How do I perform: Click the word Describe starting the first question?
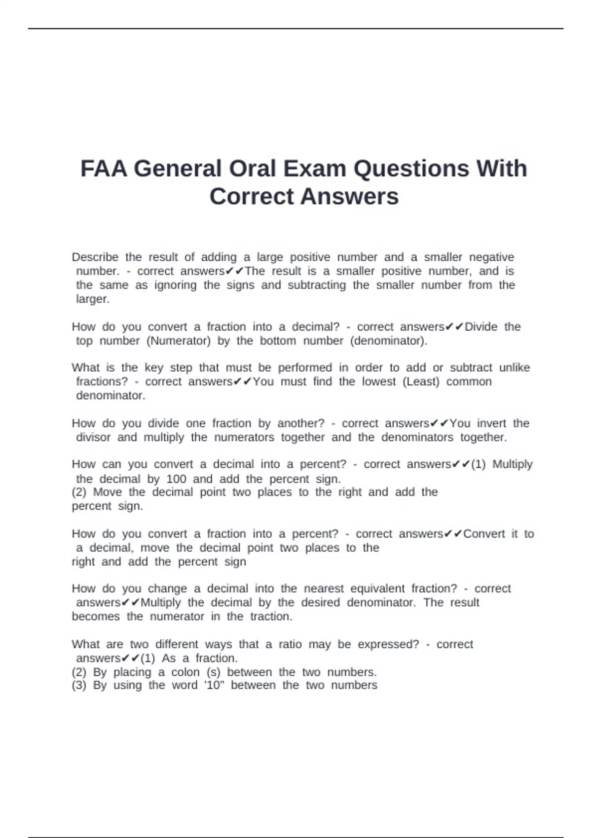tap(95, 257)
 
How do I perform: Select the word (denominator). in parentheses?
tap(389, 341)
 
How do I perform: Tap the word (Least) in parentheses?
tap(421, 382)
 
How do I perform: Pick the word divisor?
tap(93, 437)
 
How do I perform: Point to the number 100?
tap(176, 479)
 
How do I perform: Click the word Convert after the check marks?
tap(484, 534)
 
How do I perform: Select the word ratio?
tap(290, 644)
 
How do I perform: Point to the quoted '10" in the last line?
tap(214, 685)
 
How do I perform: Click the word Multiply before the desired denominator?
tap(161, 602)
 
